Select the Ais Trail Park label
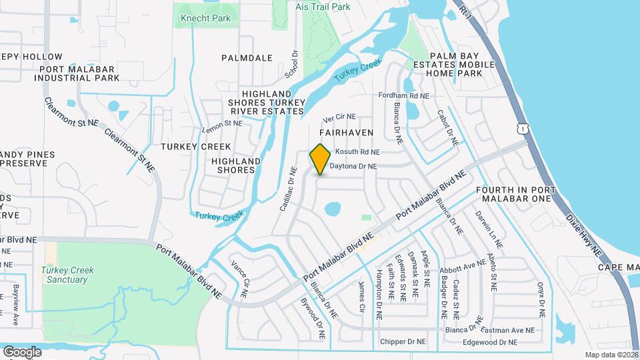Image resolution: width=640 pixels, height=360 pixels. tap(323, 7)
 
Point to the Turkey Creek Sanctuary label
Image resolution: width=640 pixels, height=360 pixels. tap(67, 275)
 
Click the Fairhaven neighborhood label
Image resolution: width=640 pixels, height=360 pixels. tap(349, 133)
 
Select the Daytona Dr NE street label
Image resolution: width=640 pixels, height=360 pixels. tap(354, 166)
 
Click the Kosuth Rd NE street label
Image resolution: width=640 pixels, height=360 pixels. tap(357, 152)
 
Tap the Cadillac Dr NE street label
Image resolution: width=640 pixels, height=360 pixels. tap(287, 189)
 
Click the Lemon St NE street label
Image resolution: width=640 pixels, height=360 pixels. tap(223, 123)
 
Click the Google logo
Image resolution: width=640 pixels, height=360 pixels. tap(22, 351)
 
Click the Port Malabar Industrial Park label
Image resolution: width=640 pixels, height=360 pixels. tap(79, 73)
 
